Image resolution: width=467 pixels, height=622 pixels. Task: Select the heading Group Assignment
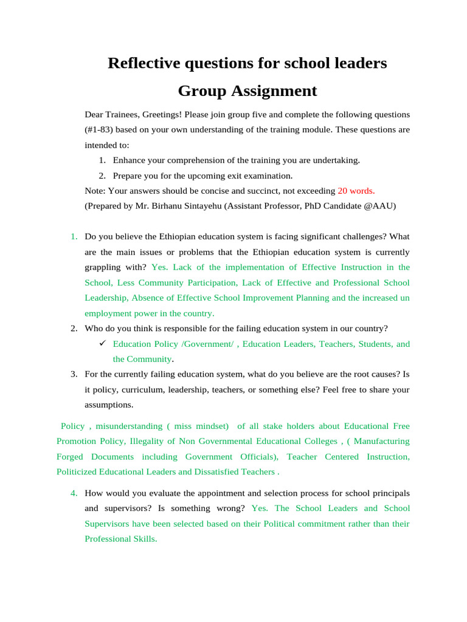[247, 91]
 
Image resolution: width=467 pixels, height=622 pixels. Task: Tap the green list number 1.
[73, 236]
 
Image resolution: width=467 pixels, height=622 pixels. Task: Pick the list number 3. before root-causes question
[73, 374]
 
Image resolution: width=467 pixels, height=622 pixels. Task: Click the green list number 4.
[73, 493]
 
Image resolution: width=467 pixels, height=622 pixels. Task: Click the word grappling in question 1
[103, 267]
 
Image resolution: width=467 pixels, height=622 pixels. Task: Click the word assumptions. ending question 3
[109, 405]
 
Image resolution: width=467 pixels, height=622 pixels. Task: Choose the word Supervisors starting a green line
[107, 524]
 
